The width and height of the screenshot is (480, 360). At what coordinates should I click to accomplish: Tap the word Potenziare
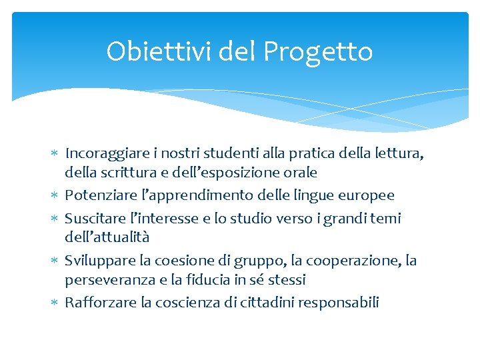[97, 195]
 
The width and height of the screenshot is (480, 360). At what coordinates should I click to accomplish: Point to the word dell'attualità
[107, 237]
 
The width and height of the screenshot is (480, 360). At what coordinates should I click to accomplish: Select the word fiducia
[252, 279]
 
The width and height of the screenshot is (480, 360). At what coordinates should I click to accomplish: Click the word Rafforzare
[101, 302]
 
